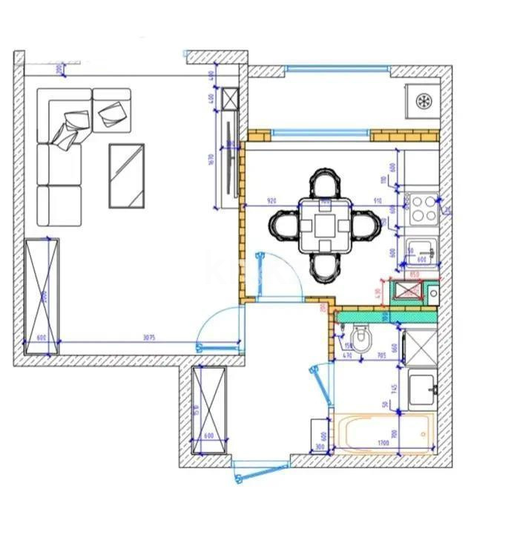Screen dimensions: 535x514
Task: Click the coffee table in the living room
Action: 126,175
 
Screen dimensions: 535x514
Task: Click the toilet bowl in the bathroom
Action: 362,341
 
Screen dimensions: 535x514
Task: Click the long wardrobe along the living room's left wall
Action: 42,295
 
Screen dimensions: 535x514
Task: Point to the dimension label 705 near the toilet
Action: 382,355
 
